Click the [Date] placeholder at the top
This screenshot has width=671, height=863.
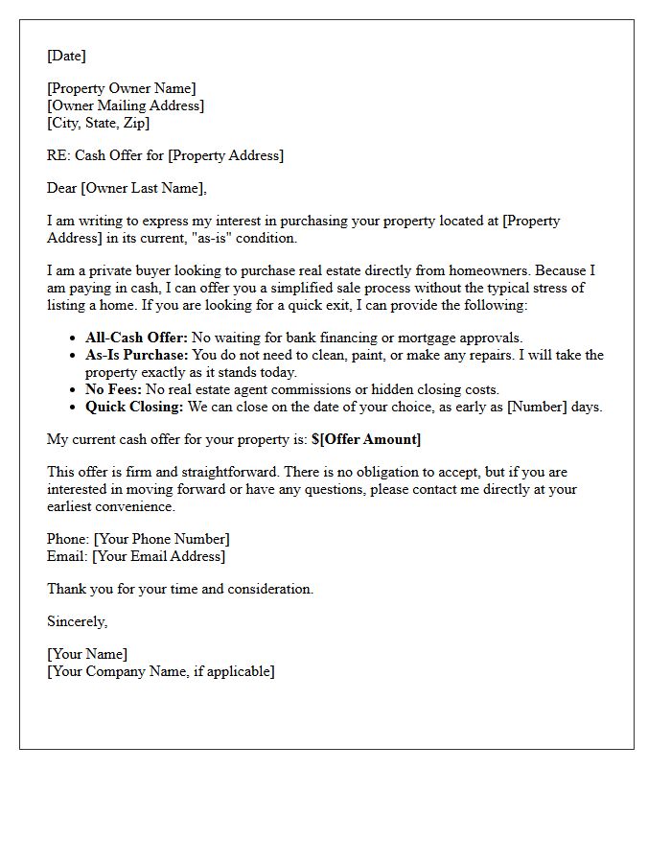[x=66, y=56]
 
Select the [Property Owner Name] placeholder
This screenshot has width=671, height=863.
[x=122, y=89]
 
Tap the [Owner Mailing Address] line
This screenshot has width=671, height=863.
[x=126, y=105]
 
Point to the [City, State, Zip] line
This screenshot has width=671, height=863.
[x=98, y=123]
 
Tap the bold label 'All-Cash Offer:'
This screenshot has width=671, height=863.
[x=136, y=338]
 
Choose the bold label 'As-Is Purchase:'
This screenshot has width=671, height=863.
[x=137, y=355]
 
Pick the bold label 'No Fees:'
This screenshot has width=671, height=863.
[x=113, y=389]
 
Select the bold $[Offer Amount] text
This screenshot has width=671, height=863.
[x=366, y=439]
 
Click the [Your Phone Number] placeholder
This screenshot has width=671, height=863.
[x=161, y=539]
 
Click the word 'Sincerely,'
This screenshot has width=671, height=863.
[x=77, y=621]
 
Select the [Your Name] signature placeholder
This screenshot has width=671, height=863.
[x=87, y=655]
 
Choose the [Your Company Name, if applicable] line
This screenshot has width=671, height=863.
[x=160, y=671]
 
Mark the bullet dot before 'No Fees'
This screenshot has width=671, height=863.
[x=75, y=390]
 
